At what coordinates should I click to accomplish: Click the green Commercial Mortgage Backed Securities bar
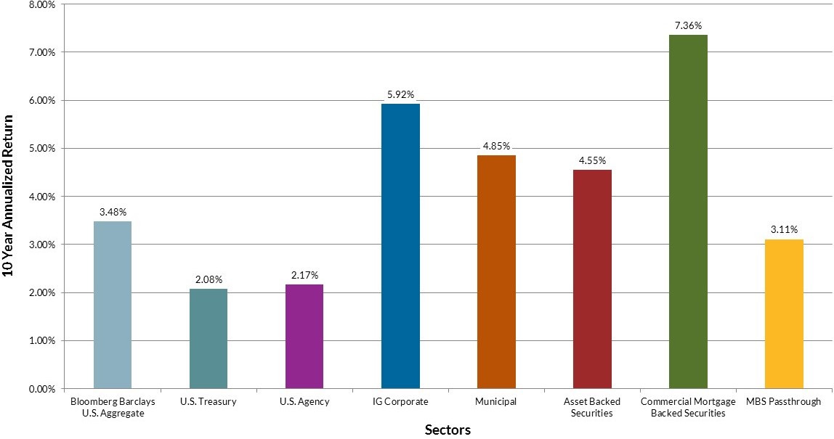point(688,211)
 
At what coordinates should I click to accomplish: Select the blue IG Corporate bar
point(400,246)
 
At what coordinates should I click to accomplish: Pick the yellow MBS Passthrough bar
point(784,313)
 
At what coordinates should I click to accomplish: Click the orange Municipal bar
point(496,271)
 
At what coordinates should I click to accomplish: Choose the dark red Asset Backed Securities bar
point(592,279)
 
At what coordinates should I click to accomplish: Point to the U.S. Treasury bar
point(208,338)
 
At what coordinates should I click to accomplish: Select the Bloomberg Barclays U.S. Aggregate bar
point(113,305)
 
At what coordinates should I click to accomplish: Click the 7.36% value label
point(688,25)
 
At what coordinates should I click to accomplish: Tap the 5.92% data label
point(400,94)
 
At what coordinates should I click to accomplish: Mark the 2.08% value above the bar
point(208,279)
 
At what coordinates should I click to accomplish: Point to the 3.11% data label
point(784,230)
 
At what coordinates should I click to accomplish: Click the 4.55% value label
point(592,160)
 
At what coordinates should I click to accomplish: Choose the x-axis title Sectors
point(448,430)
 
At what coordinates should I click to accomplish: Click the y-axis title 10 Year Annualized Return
point(9,195)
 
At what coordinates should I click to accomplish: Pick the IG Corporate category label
point(400,401)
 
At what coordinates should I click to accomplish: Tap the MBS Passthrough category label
point(784,401)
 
